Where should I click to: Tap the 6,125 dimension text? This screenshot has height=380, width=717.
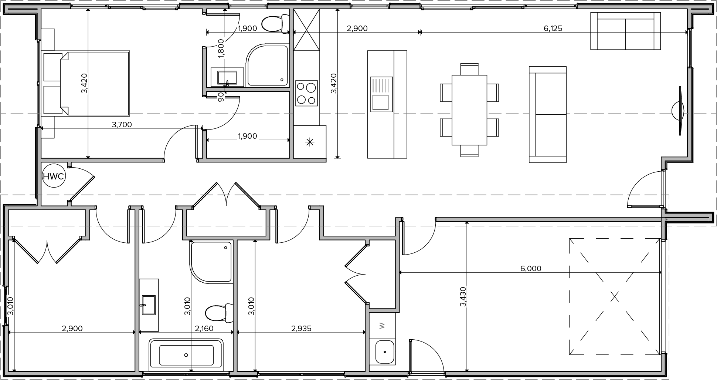coord(553,28)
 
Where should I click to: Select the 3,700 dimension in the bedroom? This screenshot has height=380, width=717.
coord(122,125)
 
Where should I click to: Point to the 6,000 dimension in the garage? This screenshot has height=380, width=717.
coord(531,269)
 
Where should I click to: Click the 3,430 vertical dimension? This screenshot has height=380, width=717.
coord(463,297)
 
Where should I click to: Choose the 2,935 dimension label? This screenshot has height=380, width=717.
coord(301,329)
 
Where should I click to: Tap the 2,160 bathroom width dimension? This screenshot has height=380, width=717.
coord(204,329)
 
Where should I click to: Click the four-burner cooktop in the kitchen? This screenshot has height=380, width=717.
coord(307,93)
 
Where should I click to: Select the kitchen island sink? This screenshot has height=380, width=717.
coord(381,94)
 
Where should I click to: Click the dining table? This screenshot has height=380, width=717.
coord(469,110)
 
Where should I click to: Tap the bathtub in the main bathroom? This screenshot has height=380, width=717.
coord(187,355)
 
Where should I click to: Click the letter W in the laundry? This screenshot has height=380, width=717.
coord(382,326)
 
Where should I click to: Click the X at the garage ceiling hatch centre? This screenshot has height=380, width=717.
coord(614,296)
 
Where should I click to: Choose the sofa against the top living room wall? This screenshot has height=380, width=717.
coord(625,31)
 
